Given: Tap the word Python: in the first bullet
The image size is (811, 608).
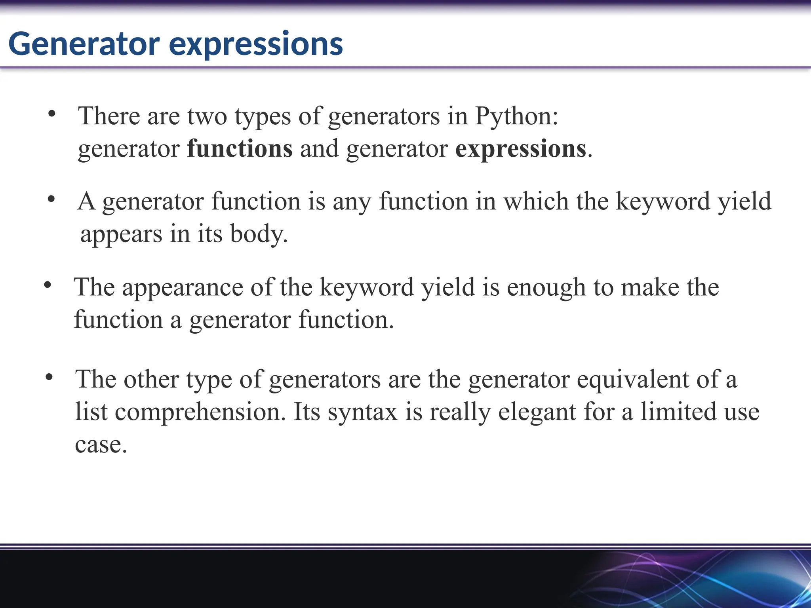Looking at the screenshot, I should point(516,117).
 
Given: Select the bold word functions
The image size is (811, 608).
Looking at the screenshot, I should point(240,149).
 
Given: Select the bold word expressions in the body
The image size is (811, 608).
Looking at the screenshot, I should point(520,150).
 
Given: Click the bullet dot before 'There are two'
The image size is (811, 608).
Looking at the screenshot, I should point(51,114).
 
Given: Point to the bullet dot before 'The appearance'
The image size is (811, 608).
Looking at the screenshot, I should point(48,285).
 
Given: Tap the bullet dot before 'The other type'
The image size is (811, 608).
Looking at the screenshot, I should point(49,377).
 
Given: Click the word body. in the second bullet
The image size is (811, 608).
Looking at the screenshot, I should point(259,234).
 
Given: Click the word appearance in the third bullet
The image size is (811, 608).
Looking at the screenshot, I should point(182,288).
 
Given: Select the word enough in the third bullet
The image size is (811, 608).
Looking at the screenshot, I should point(546,288).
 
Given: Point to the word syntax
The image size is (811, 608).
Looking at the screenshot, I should point(362,412).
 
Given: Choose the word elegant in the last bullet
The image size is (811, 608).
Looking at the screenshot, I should point(537,412).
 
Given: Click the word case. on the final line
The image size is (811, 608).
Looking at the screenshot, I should point(101,445).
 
